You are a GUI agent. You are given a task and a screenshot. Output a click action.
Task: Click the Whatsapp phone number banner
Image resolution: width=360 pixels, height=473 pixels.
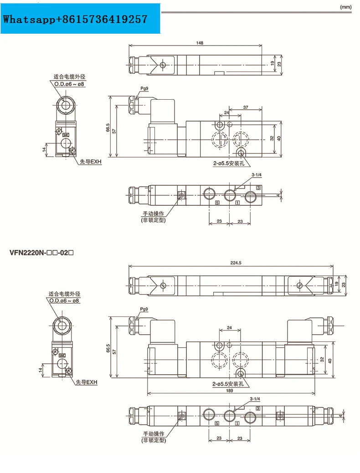(x=75, y=19)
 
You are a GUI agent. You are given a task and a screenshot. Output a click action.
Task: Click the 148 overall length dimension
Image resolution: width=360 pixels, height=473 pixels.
(x=200, y=43)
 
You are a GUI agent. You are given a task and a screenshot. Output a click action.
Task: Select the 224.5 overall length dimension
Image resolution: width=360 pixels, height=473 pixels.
(x=236, y=263)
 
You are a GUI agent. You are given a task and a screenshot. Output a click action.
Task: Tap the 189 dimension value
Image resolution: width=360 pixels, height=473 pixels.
(x=230, y=390)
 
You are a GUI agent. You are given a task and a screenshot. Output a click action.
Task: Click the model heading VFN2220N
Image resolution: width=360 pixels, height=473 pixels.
(x=41, y=253)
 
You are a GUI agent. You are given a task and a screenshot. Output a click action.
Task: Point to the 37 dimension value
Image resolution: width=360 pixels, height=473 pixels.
(x=246, y=107)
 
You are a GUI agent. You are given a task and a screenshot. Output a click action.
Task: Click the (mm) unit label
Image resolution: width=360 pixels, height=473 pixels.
(x=346, y=7)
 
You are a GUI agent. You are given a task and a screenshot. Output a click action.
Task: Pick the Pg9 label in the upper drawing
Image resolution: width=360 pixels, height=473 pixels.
(x=144, y=88)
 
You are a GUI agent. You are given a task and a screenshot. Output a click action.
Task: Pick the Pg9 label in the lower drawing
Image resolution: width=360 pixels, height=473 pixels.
(x=144, y=309)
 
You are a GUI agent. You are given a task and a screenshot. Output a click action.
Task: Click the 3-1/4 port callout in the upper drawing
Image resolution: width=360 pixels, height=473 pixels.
(x=257, y=175)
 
